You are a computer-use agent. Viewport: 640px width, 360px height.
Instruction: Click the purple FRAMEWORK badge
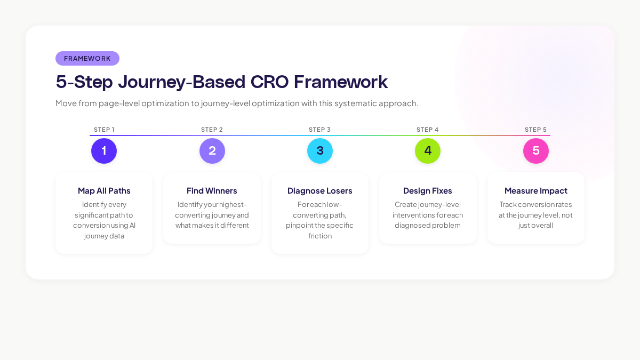click(x=87, y=59)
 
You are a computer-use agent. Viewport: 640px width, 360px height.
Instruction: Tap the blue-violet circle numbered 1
click(x=104, y=151)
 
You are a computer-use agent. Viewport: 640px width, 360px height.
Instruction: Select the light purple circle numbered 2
click(x=212, y=151)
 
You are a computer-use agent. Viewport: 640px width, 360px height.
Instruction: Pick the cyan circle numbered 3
click(x=320, y=151)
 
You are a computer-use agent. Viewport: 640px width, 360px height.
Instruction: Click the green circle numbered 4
click(x=428, y=151)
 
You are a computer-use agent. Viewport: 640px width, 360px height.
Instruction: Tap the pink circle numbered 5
click(x=536, y=151)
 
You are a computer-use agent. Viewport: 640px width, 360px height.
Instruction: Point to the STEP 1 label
click(x=104, y=130)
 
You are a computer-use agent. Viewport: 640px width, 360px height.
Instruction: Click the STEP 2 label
click(x=212, y=130)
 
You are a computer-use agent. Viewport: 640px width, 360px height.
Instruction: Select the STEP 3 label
click(x=320, y=130)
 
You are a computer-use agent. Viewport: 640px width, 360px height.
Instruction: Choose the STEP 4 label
click(x=428, y=130)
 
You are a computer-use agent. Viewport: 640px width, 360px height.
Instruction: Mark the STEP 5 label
click(x=536, y=130)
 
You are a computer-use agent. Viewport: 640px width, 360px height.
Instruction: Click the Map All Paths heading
click(x=104, y=191)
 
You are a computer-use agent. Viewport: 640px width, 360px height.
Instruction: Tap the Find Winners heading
click(x=212, y=191)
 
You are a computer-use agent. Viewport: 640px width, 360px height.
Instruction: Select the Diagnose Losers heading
click(x=320, y=191)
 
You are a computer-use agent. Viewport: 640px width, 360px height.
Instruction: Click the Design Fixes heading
click(x=428, y=191)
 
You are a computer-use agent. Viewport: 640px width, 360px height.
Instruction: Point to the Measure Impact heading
click(x=536, y=191)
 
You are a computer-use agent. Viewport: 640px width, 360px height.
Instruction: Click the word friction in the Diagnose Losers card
click(x=320, y=236)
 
